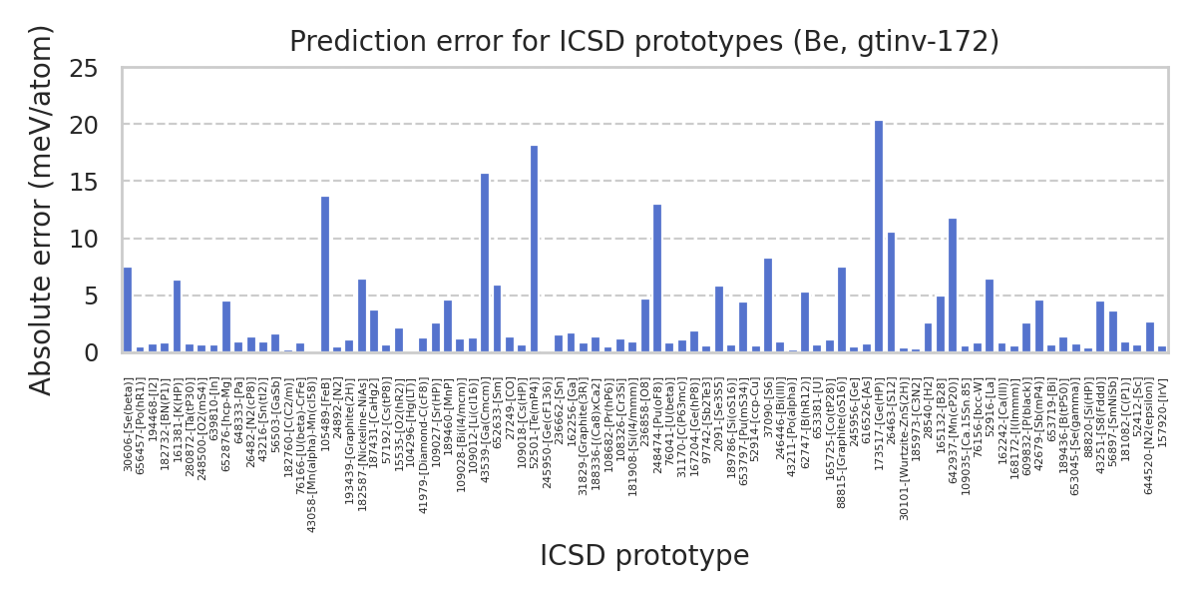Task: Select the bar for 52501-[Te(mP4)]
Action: click(534, 249)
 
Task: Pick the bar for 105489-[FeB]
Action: click(325, 275)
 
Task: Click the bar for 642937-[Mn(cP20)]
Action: click(953, 286)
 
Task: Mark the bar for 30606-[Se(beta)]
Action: click(128, 309)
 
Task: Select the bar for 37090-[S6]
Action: click(768, 305)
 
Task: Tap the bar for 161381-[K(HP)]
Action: click(177, 316)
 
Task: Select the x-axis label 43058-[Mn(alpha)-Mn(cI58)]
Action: click(312, 455)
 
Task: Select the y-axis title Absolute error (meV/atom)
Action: click(41, 210)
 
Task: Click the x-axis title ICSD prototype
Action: click(644, 556)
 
